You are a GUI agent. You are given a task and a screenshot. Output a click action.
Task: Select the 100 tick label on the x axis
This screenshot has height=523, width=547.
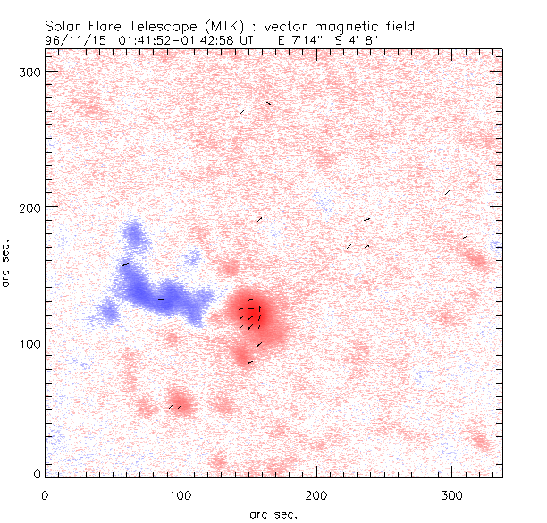(181, 494)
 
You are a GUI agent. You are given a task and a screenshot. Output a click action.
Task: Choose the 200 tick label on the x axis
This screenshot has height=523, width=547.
(316, 494)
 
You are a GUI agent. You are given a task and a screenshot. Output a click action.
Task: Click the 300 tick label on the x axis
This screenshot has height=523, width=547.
(452, 494)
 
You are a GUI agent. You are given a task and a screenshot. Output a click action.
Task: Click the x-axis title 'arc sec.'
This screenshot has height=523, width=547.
(273, 513)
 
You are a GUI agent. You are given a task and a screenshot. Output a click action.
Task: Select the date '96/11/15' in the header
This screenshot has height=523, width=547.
(71, 39)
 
